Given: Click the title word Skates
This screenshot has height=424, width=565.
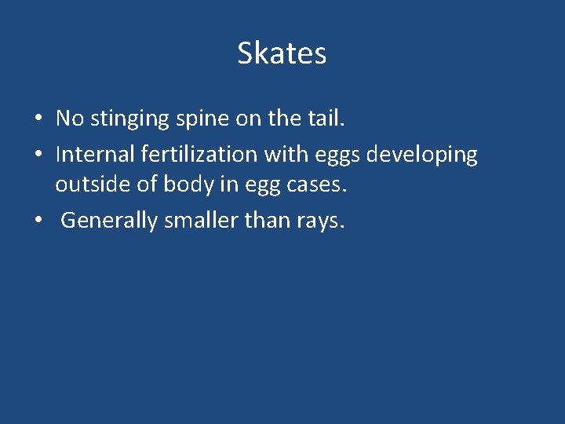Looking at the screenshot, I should [x=282, y=53].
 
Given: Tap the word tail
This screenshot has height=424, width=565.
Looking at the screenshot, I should [x=325, y=119].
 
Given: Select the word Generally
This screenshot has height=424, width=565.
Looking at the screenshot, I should [x=109, y=221].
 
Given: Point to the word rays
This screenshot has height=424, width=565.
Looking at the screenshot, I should [x=320, y=222].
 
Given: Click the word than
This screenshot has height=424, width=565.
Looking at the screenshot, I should [x=268, y=221].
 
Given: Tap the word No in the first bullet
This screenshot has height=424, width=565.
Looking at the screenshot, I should [x=69, y=119].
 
